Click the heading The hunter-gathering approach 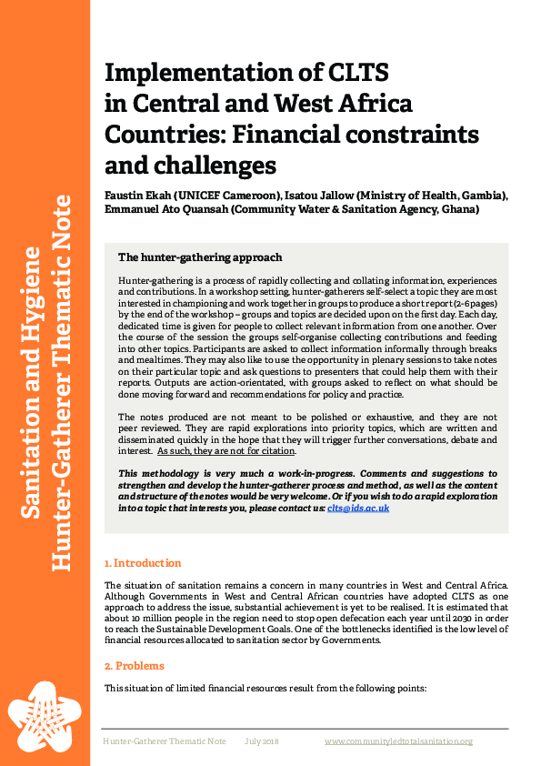pos(200,257)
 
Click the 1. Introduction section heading pos(143,563)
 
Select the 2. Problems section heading pos(134,666)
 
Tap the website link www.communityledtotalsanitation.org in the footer pos(398,741)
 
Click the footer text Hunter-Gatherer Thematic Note pos(164,741)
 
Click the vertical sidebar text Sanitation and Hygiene pos(30,382)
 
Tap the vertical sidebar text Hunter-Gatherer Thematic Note pos(62,382)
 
